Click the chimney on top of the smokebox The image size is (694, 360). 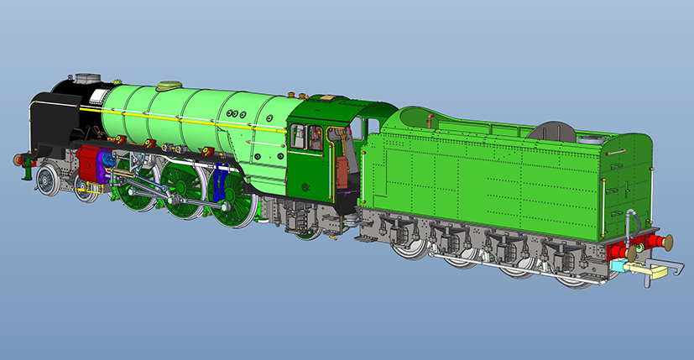85,80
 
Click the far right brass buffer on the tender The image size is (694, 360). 668,243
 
